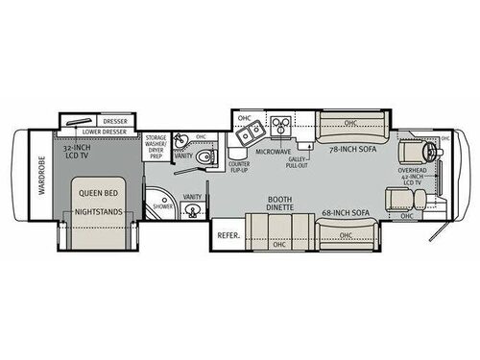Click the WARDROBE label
(41, 177)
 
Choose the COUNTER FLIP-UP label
(239, 169)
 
